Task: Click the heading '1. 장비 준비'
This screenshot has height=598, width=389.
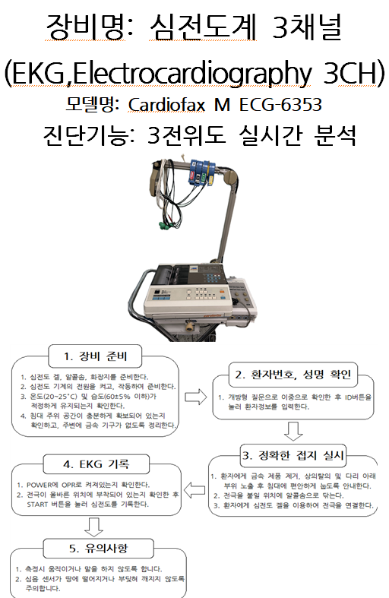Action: [95, 356]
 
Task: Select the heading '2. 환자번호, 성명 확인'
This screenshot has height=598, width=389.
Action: [293, 375]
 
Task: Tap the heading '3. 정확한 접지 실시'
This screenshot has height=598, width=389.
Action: [293, 455]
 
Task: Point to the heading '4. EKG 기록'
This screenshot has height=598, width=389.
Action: [96, 464]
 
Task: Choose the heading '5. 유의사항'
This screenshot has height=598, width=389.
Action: [99, 549]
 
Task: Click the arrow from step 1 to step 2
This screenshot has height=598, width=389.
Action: [196, 397]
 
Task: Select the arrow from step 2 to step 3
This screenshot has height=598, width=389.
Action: [293, 432]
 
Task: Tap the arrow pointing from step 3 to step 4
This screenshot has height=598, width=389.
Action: [194, 489]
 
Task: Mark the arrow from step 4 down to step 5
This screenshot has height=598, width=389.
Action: [93, 527]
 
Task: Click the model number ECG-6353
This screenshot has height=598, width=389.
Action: [280, 105]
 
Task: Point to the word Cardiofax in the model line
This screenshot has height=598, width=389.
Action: [166, 105]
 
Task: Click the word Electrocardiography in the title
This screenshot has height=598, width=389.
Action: [191, 72]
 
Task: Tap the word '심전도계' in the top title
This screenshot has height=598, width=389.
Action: [203, 27]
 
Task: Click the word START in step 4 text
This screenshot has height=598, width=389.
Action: [37, 505]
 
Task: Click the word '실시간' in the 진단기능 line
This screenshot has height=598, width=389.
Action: [270, 135]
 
